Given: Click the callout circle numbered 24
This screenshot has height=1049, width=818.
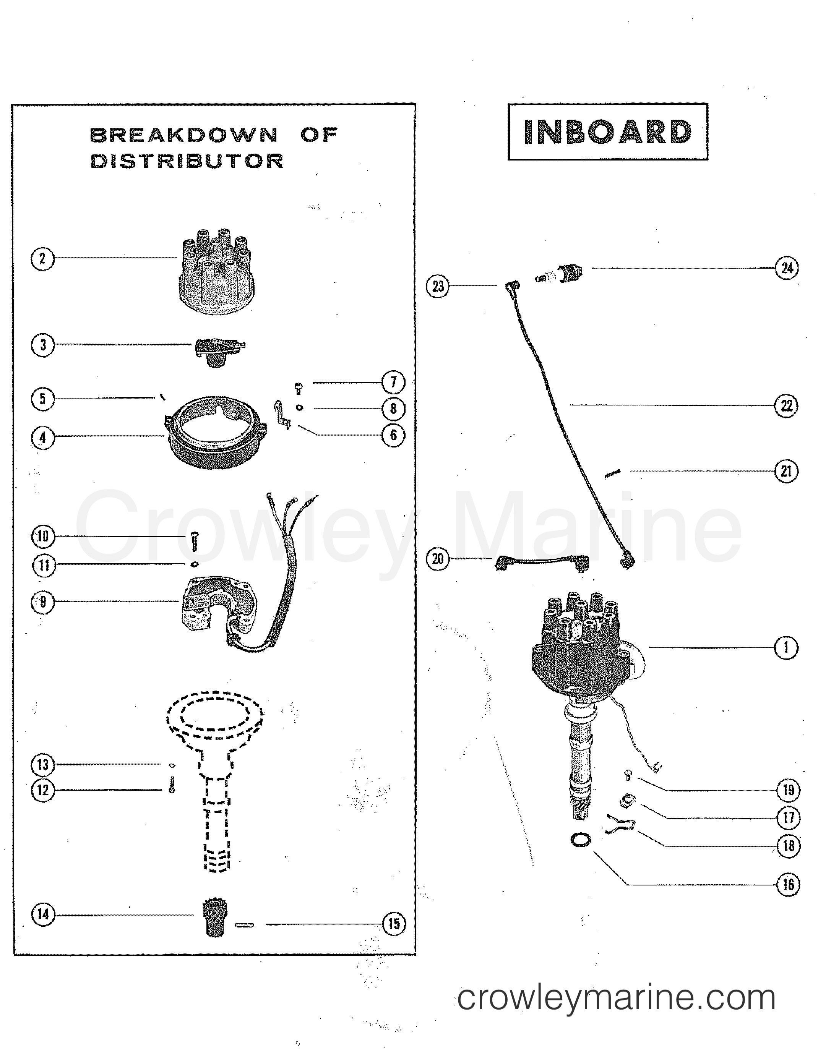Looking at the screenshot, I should [x=787, y=268].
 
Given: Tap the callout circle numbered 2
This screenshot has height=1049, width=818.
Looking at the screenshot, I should [x=42, y=259].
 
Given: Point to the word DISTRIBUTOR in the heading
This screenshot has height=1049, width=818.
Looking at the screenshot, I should [x=187, y=161].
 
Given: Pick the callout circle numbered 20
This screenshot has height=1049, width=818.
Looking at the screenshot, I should [x=438, y=559].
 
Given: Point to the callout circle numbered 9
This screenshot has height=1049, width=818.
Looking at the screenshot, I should [x=43, y=602].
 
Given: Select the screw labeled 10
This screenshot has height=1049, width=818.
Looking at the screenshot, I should [x=193, y=542].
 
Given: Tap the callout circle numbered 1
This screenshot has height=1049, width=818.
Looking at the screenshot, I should [x=786, y=648].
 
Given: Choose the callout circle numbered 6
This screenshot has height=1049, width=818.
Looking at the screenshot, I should [x=393, y=435].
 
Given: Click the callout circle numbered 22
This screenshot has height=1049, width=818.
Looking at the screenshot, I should [x=787, y=406].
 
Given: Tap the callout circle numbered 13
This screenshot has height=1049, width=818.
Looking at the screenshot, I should [x=43, y=764].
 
